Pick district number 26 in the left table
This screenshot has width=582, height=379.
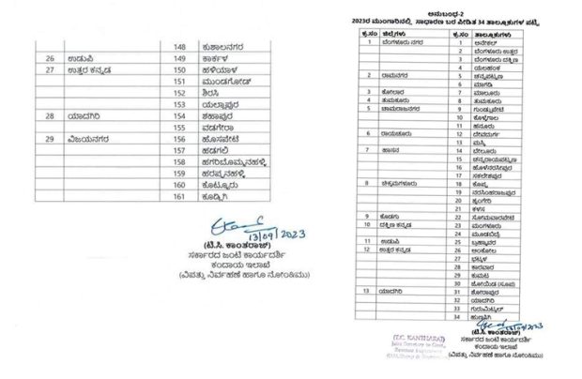(50, 57)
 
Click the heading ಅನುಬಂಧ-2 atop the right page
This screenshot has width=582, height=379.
(464, 8)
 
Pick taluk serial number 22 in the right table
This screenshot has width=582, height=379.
(454, 218)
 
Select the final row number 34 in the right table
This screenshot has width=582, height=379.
(454, 316)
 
